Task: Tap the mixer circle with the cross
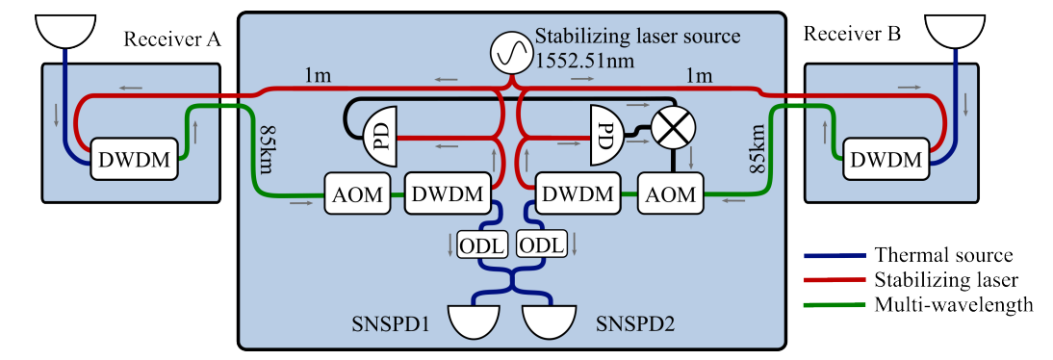click(673, 125)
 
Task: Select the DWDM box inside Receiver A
click(135, 159)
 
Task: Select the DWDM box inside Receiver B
click(886, 159)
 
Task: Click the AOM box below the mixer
click(671, 194)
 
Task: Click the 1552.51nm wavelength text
click(586, 60)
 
